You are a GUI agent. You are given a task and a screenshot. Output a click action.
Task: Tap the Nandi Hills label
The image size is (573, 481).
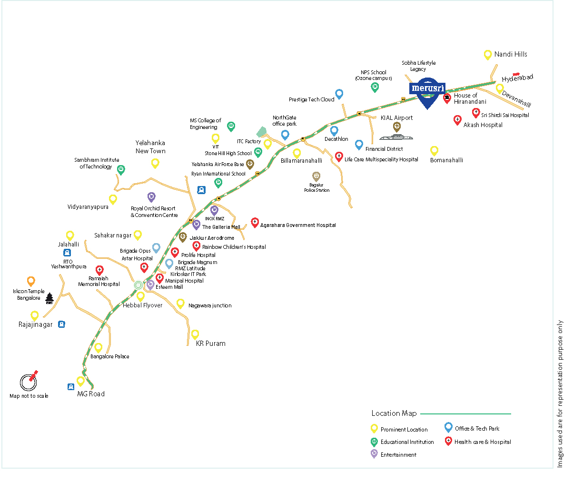[x=511, y=54]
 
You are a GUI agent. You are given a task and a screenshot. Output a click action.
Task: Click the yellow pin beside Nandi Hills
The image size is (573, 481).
[x=487, y=55]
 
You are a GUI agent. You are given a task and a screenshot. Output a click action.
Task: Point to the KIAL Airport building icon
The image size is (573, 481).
[x=396, y=137]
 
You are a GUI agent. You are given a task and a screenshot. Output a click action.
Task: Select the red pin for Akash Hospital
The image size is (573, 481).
[x=457, y=120]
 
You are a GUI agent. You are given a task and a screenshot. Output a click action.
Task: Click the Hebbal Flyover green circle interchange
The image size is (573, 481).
[x=138, y=285]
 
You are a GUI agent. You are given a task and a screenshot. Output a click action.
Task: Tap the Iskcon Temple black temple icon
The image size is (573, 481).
[x=49, y=298]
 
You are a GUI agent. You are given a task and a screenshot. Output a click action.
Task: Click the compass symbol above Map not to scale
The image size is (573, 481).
[x=29, y=382]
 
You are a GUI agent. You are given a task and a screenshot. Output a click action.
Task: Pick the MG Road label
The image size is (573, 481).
[x=91, y=394]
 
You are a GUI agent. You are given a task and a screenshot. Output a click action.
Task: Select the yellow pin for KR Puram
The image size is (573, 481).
[x=195, y=334]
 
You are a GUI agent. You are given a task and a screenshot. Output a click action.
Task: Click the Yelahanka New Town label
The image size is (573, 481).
[x=150, y=147]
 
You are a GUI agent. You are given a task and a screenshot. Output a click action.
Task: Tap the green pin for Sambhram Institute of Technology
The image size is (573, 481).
[x=121, y=169]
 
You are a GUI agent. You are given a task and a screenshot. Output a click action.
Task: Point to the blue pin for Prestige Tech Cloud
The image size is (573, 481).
[x=339, y=94]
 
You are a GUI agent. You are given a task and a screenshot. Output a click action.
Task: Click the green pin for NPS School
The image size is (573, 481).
[x=375, y=87]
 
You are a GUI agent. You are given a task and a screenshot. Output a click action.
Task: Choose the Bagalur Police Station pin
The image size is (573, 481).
[x=316, y=177]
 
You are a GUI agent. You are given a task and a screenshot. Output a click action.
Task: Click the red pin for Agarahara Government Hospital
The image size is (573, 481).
[x=255, y=222]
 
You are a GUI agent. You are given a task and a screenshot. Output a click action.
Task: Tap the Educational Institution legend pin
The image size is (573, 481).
[x=374, y=442]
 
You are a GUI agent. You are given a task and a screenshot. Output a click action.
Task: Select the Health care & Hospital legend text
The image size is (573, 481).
[x=483, y=442]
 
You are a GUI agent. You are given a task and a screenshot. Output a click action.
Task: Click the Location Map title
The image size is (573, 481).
[x=394, y=413]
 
